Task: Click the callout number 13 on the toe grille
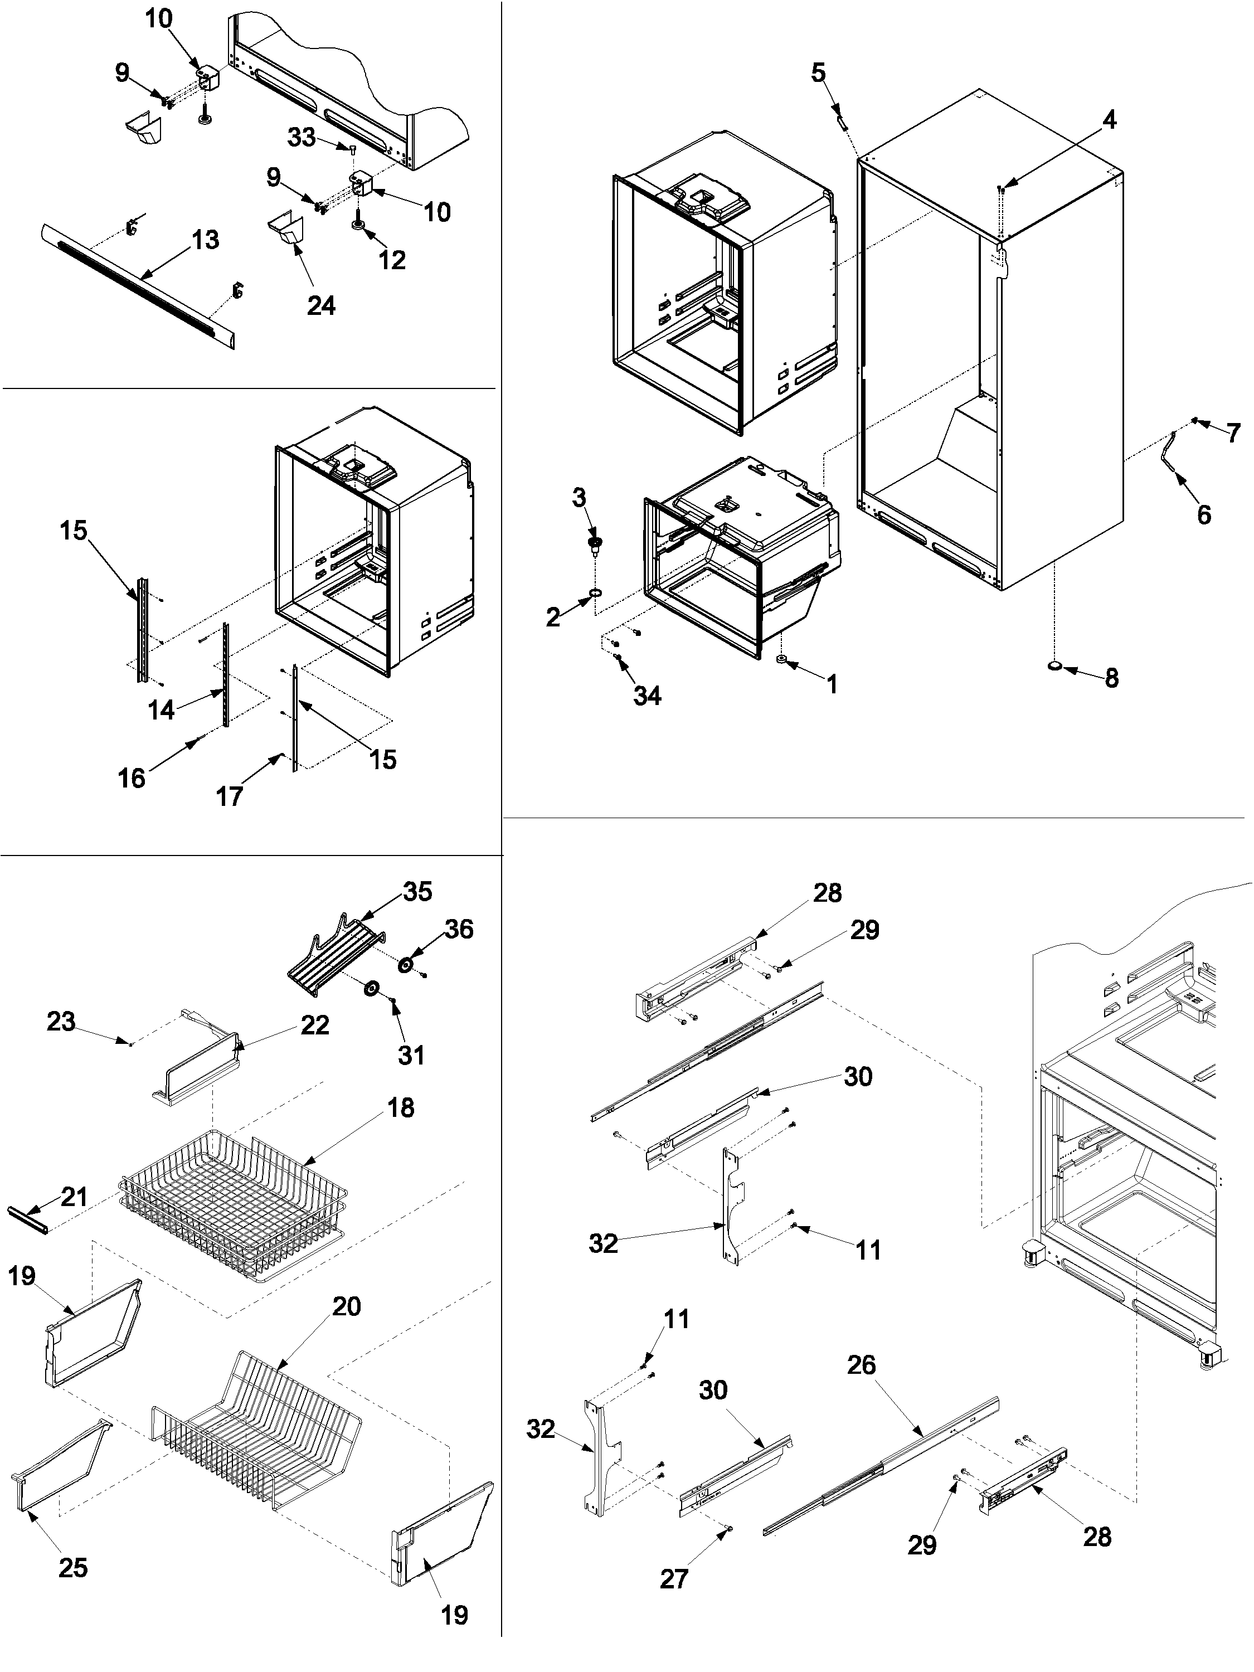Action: coord(205,240)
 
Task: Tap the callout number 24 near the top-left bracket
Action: coord(320,305)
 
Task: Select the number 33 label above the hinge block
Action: coord(301,138)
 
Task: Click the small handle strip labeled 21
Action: coord(28,1220)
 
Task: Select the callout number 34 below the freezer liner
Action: coord(647,696)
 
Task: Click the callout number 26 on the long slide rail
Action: coord(862,1365)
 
